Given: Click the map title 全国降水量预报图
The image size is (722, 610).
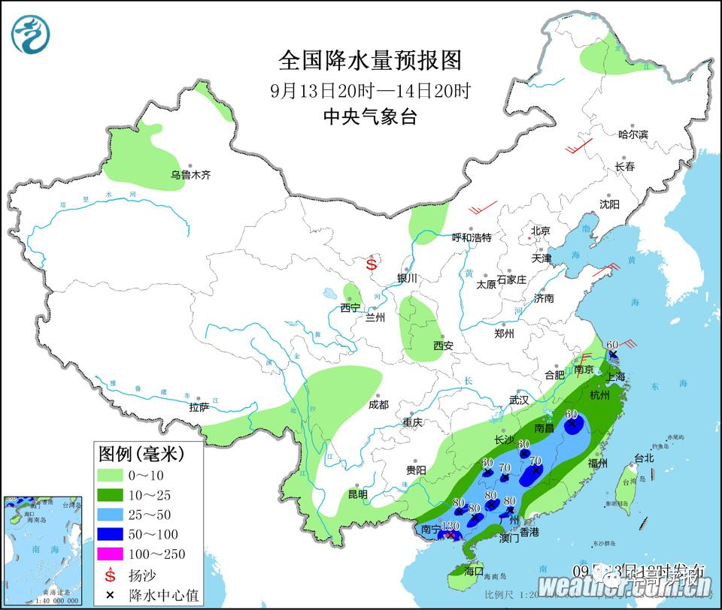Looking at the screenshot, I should click(x=369, y=60).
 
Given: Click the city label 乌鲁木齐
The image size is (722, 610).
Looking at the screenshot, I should click(x=190, y=175).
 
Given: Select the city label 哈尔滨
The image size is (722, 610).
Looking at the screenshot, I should click(x=633, y=134).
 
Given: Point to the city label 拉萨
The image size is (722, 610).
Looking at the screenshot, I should click(x=199, y=408).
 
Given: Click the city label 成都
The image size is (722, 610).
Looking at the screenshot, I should click(x=378, y=405).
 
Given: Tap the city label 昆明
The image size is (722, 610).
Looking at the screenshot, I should click(x=358, y=494).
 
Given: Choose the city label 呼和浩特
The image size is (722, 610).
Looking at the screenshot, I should click(x=471, y=238).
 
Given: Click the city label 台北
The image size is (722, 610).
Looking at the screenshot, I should click(x=644, y=457).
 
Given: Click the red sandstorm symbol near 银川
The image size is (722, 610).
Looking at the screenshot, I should click(x=372, y=264).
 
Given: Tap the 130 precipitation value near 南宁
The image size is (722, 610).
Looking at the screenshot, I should click(x=450, y=526).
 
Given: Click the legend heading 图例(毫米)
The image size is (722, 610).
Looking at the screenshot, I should click(x=141, y=454).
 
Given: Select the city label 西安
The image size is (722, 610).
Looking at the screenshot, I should click(x=443, y=346).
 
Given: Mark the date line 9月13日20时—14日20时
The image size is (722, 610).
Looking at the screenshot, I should click(x=369, y=91).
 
